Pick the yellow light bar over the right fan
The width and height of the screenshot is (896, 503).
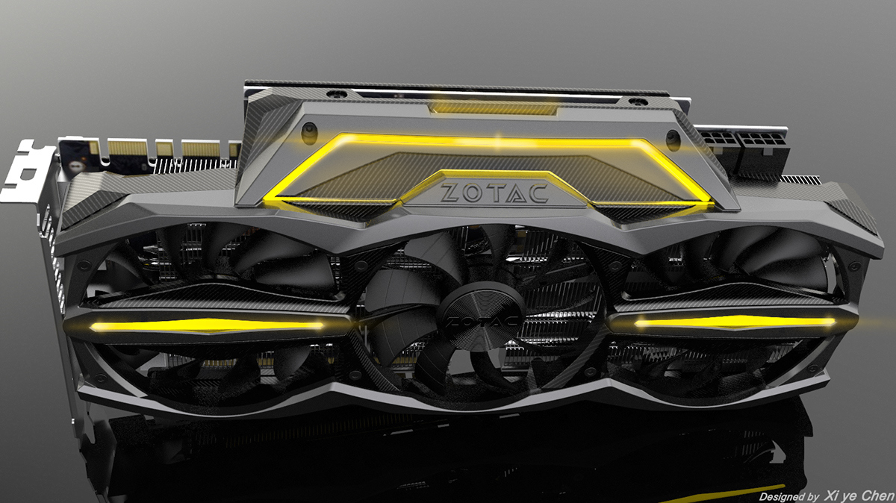[x=735, y=322]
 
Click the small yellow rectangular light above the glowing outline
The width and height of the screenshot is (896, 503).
[x=493, y=109]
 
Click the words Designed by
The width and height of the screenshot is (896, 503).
[x=787, y=496]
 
